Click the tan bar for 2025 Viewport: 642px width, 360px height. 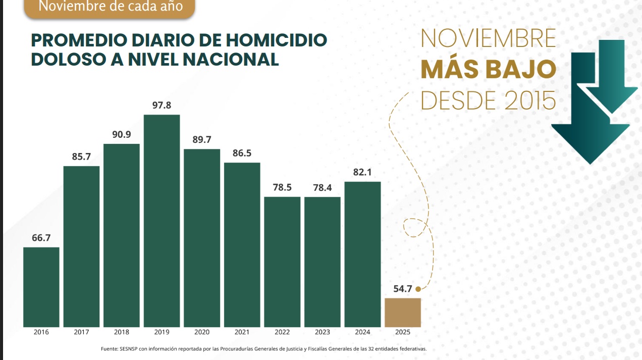point(402,313)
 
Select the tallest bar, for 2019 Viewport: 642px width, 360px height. point(162,221)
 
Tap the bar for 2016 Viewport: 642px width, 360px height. point(41,287)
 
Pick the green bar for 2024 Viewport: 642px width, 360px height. point(362,254)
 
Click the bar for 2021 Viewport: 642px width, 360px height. point(242,244)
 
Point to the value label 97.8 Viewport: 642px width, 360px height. point(162,105)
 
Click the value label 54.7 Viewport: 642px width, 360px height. point(403,289)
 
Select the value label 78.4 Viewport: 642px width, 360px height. point(322,188)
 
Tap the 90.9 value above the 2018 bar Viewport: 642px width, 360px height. point(122,135)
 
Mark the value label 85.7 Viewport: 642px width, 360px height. point(81,157)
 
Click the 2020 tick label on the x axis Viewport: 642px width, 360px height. point(201,332)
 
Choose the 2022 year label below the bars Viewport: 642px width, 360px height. point(282,332)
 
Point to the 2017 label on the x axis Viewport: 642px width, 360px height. point(81,332)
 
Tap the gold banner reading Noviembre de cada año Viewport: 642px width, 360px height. point(110,8)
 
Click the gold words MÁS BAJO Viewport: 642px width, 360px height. point(488,70)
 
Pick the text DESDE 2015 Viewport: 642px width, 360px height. point(488,100)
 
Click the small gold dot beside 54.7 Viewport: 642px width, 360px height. point(418,289)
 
